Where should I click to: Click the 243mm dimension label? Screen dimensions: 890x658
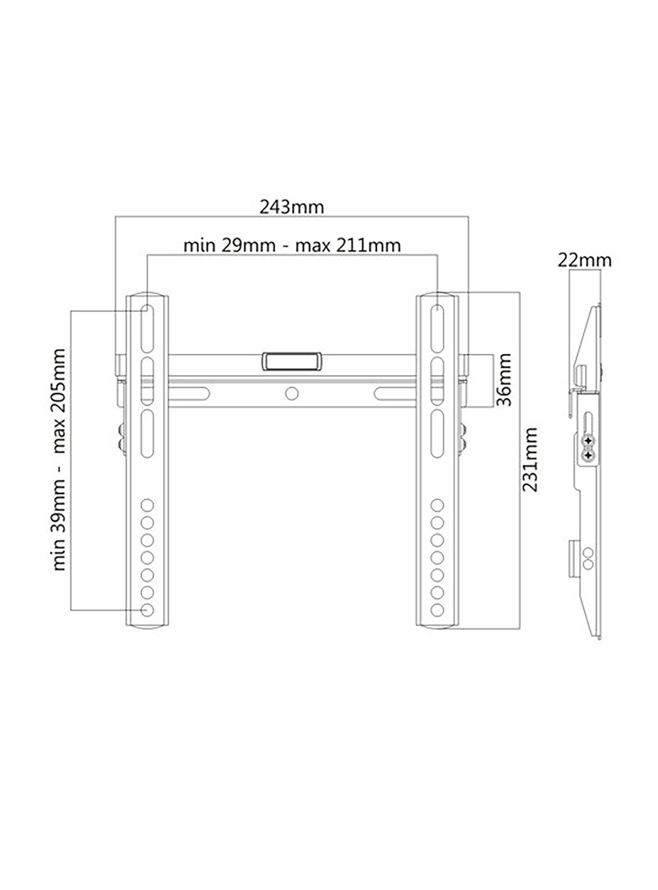pyautogui.click(x=292, y=207)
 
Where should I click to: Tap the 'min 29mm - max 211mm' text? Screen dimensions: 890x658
pyautogui.click(x=292, y=246)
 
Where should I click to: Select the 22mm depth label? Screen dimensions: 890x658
pyautogui.click(x=584, y=261)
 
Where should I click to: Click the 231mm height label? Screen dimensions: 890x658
pyautogui.click(x=530, y=459)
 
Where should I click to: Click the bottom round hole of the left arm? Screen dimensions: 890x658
pyautogui.click(x=147, y=609)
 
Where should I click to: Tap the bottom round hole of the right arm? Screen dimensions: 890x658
pyautogui.click(x=437, y=609)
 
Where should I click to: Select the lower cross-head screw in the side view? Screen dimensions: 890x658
pyautogui.click(x=588, y=455)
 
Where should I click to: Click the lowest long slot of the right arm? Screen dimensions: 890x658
pyautogui.click(x=437, y=433)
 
